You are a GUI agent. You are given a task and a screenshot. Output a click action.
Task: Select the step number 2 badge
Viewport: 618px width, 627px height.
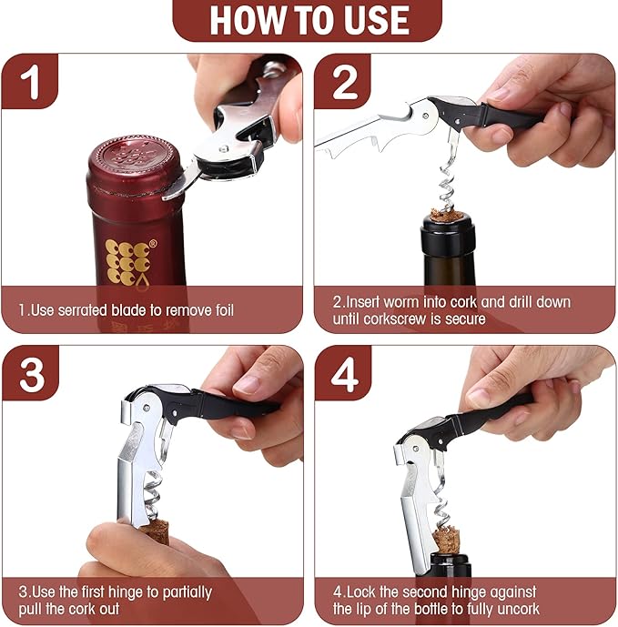[x=344, y=82]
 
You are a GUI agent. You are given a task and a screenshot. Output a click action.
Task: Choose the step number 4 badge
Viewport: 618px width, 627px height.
[x=344, y=374]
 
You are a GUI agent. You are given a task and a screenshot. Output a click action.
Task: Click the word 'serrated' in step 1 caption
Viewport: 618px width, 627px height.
[x=91, y=310]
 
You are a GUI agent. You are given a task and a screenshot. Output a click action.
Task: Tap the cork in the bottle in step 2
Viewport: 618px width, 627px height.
[x=447, y=215]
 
